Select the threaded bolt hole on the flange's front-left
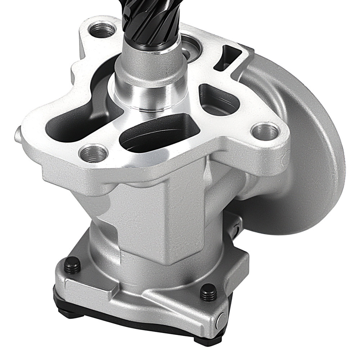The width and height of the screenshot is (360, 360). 93,153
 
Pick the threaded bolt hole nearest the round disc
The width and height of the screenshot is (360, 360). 266,131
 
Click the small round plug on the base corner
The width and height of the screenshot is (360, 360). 221,319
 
